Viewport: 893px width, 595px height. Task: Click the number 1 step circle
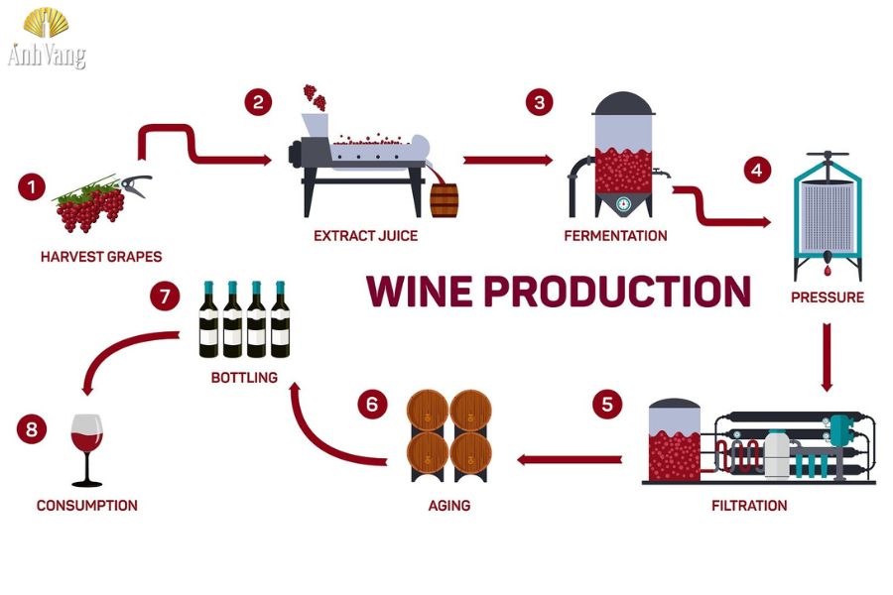coord(31,185)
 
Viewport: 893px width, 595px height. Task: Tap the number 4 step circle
coord(757,170)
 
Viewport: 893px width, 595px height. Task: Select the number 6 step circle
coord(372,405)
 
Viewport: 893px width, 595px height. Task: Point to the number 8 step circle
coord(31,429)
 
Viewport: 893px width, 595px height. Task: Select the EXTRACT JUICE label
coord(365,236)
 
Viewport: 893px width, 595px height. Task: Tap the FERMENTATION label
coord(615,236)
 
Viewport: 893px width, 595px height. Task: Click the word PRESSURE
coord(828,297)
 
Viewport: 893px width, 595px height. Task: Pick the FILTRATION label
coord(749,506)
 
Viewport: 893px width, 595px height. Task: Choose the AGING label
coord(448,506)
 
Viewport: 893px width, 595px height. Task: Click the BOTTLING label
coord(244,378)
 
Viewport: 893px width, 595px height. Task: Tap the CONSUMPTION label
coord(87,506)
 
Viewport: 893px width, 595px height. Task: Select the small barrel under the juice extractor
coord(446,199)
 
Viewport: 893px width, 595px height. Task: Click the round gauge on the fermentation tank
coord(622,204)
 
